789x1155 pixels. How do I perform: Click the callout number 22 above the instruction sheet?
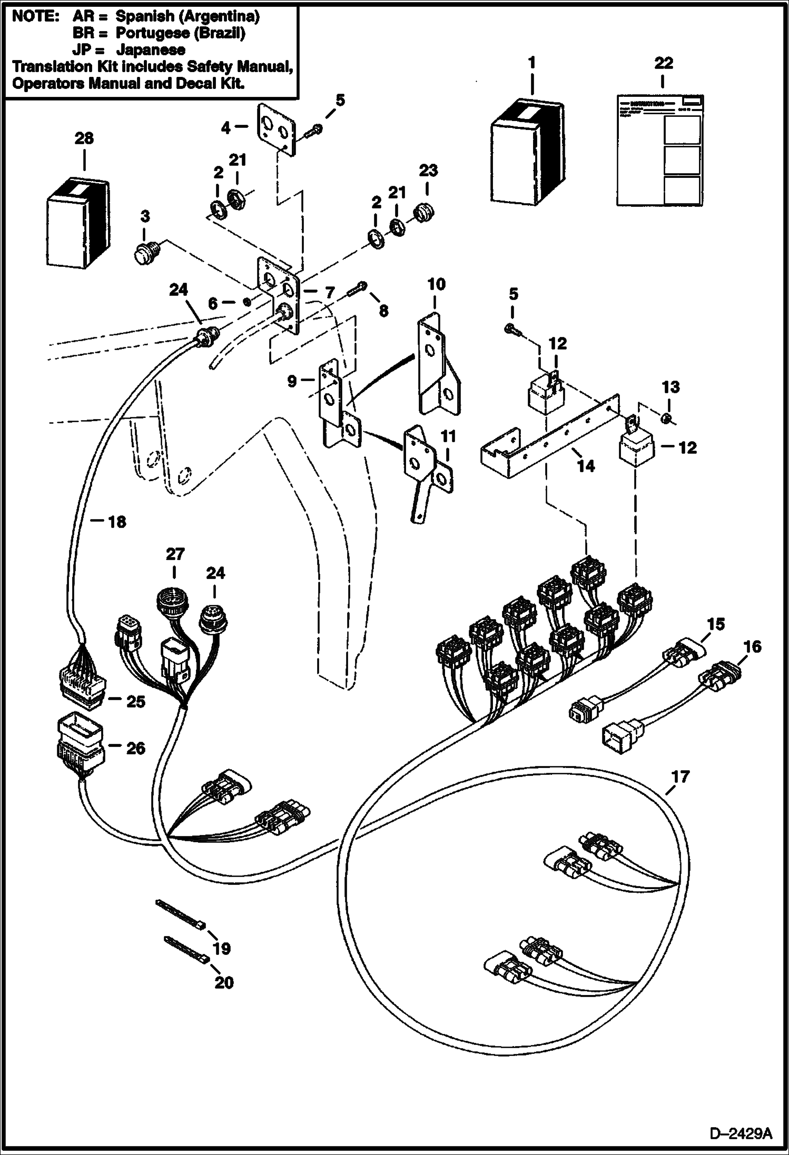(x=663, y=63)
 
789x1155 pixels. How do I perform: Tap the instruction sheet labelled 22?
(x=659, y=151)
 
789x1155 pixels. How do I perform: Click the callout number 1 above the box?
(x=531, y=63)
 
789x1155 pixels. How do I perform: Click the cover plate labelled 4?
(x=275, y=129)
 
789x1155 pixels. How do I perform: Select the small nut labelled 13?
(x=666, y=418)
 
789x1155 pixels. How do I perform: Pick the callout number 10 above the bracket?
(x=436, y=285)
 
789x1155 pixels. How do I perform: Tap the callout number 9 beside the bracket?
(x=292, y=382)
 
